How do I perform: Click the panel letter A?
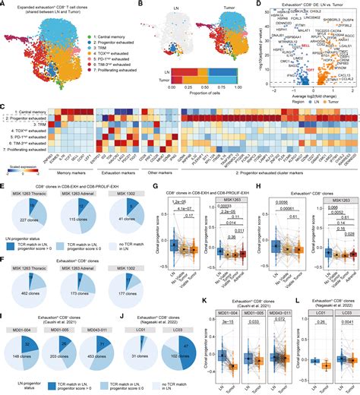[x=4, y=5]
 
